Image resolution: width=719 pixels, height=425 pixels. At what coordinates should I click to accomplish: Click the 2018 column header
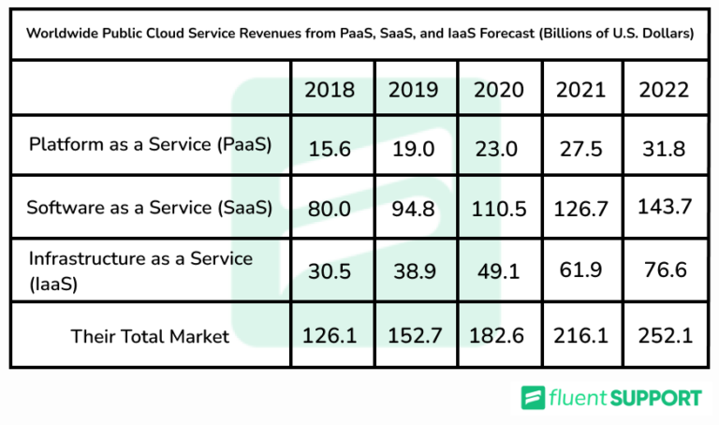coord(330,90)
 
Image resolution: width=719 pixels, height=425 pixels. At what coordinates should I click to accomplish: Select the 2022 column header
coord(664,90)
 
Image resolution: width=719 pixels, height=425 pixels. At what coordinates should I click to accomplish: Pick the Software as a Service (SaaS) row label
coord(150,208)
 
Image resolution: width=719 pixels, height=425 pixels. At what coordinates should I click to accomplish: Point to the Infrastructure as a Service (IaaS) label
coord(140,269)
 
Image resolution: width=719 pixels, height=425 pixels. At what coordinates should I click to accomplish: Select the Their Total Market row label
coord(150,336)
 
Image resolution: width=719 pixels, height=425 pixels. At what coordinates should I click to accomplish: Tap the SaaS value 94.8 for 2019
coord(414,208)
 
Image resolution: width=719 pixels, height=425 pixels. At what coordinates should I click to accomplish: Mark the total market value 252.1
coord(664,334)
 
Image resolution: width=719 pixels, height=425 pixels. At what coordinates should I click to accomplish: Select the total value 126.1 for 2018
coord(330,334)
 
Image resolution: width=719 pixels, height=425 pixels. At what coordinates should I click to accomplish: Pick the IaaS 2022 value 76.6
coord(664,271)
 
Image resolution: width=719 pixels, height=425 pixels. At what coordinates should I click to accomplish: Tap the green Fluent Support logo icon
coord(534,398)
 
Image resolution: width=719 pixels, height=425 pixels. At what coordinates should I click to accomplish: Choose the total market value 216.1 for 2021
coord(581,334)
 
